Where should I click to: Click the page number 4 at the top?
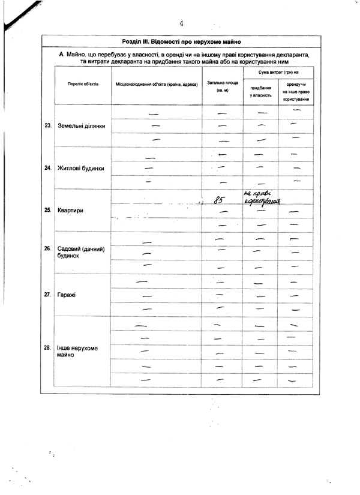(x=181, y=23)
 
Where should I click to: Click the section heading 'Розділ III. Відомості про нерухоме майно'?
(x=181, y=42)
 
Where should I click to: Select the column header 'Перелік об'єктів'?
(x=83, y=85)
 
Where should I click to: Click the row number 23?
(x=48, y=126)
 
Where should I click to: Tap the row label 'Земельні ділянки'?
(x=82, y=127)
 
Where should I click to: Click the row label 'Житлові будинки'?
(x=80, y=168)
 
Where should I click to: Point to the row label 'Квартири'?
(x=70, y=211)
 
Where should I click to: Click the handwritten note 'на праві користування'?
(x=262, y=197)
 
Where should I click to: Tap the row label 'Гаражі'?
(x=67, y=295)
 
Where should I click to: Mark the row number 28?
(x=48, y=347)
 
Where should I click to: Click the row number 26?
(x=48, y=248)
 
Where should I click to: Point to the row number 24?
(x=48, y=168)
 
